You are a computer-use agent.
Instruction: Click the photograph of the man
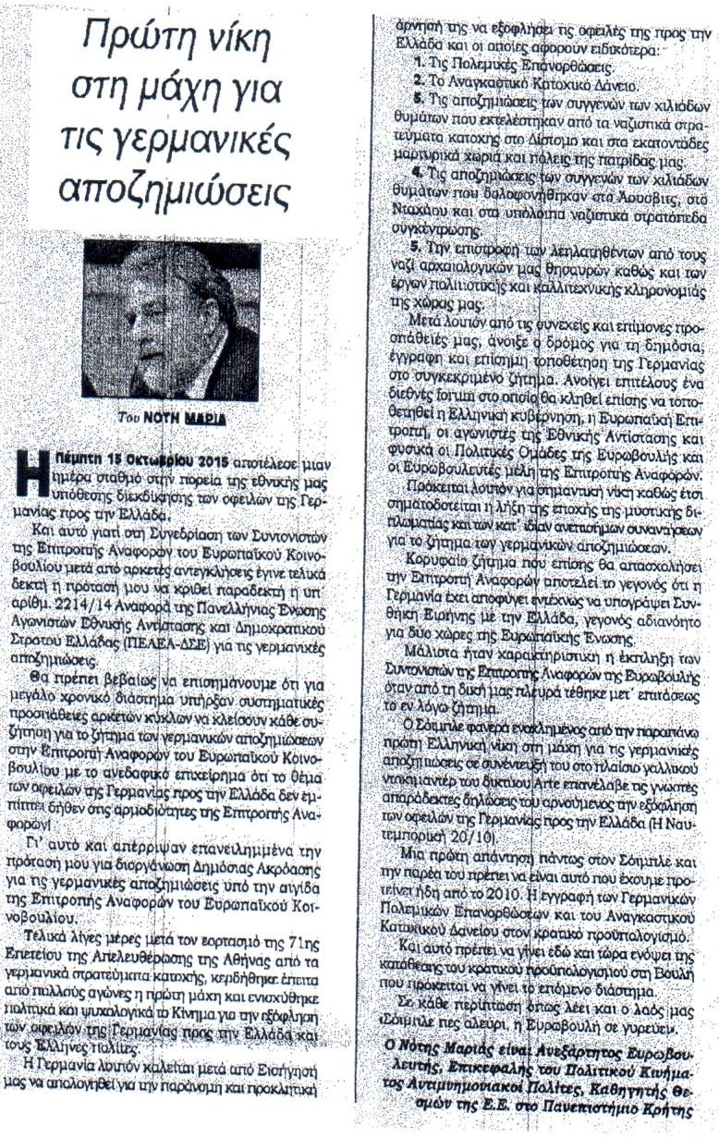171,319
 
